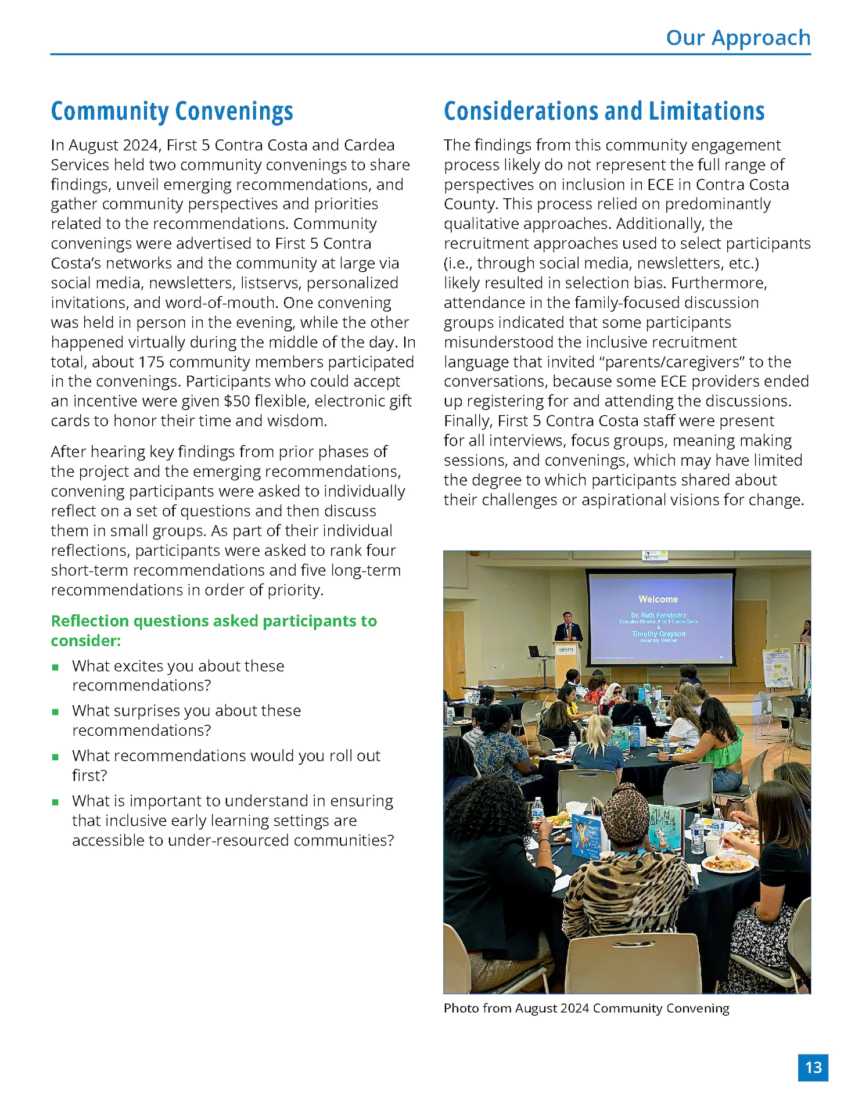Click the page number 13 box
[x=813, y=1067]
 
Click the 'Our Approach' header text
[x=738, y=38]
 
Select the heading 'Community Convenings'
[x=172, y=111]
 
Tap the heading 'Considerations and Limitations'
[x=604, y=111]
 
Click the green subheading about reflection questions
[x=213, y=630]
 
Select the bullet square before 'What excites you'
[x=55, y=667]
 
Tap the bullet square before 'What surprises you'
[x=55, y=712]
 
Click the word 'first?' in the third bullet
[x=89, y=776]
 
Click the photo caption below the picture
[x=586, y=1008]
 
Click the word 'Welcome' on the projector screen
[x=658, y=599]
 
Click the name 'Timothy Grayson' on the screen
[x=658, y=634]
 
